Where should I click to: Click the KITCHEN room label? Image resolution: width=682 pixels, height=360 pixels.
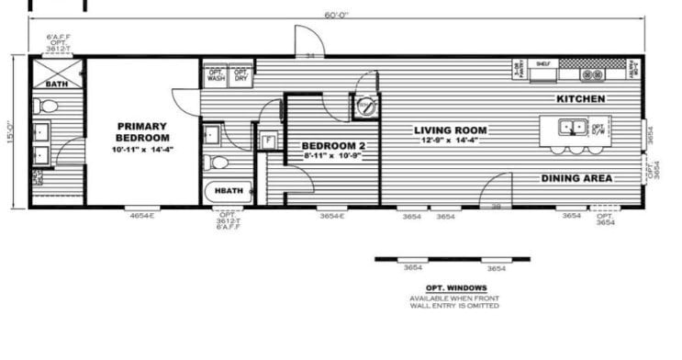(x=580, y=97)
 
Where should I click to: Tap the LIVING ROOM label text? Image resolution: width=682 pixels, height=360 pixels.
(x=450, y=130)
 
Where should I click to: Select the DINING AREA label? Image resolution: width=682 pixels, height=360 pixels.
(x=576, y=178)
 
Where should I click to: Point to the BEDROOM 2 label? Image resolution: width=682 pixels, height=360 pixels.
(x=334, y=146)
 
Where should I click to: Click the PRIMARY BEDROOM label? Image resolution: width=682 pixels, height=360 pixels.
(x=141, y=131)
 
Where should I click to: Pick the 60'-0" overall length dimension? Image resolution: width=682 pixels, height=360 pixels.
(x=337, y=15)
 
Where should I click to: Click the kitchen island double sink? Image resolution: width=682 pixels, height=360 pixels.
(x=575, y=127)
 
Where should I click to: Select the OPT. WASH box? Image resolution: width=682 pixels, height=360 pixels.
(x=216, y=75)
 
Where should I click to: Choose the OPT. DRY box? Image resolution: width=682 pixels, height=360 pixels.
(x=240, y=75)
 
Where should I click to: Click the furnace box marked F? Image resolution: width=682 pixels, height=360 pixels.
(x=269, y=141)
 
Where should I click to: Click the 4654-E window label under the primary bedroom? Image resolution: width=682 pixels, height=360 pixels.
(x=141, y=216)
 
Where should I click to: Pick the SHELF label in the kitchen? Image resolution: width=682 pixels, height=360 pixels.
(x=543, y=64)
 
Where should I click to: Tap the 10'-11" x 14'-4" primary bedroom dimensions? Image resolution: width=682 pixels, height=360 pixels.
(x=141, y=149)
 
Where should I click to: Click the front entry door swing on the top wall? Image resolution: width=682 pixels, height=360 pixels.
(x=309, y=42)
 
